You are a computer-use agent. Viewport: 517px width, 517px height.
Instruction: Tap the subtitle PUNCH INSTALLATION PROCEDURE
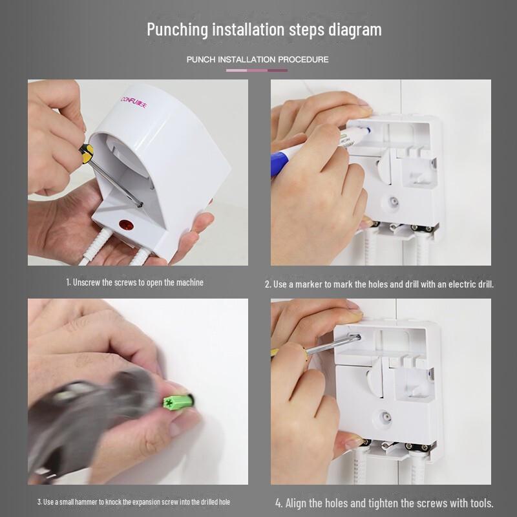click(x=257, y=59)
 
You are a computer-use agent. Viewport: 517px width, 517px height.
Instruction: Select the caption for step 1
click(x=134, y=282)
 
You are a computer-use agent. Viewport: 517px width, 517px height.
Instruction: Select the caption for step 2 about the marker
click(x=379, y=284)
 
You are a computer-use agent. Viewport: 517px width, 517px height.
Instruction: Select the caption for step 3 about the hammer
click(x=133, y=502)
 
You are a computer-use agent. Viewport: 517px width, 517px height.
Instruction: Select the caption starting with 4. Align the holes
click(x=385, y=503)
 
